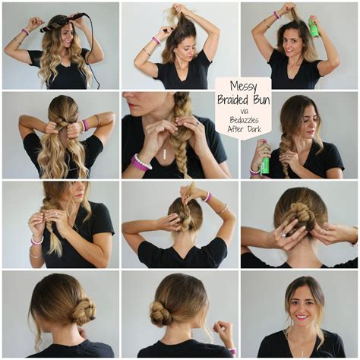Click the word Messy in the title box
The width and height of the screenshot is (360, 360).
(x=242, y=87)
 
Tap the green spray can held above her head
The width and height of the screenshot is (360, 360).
(x=313, y=28)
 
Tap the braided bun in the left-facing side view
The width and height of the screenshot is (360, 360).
(x=82, y=311)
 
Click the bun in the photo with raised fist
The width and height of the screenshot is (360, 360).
(x=161, y=312)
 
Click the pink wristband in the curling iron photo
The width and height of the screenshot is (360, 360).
(x=25, y=31)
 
